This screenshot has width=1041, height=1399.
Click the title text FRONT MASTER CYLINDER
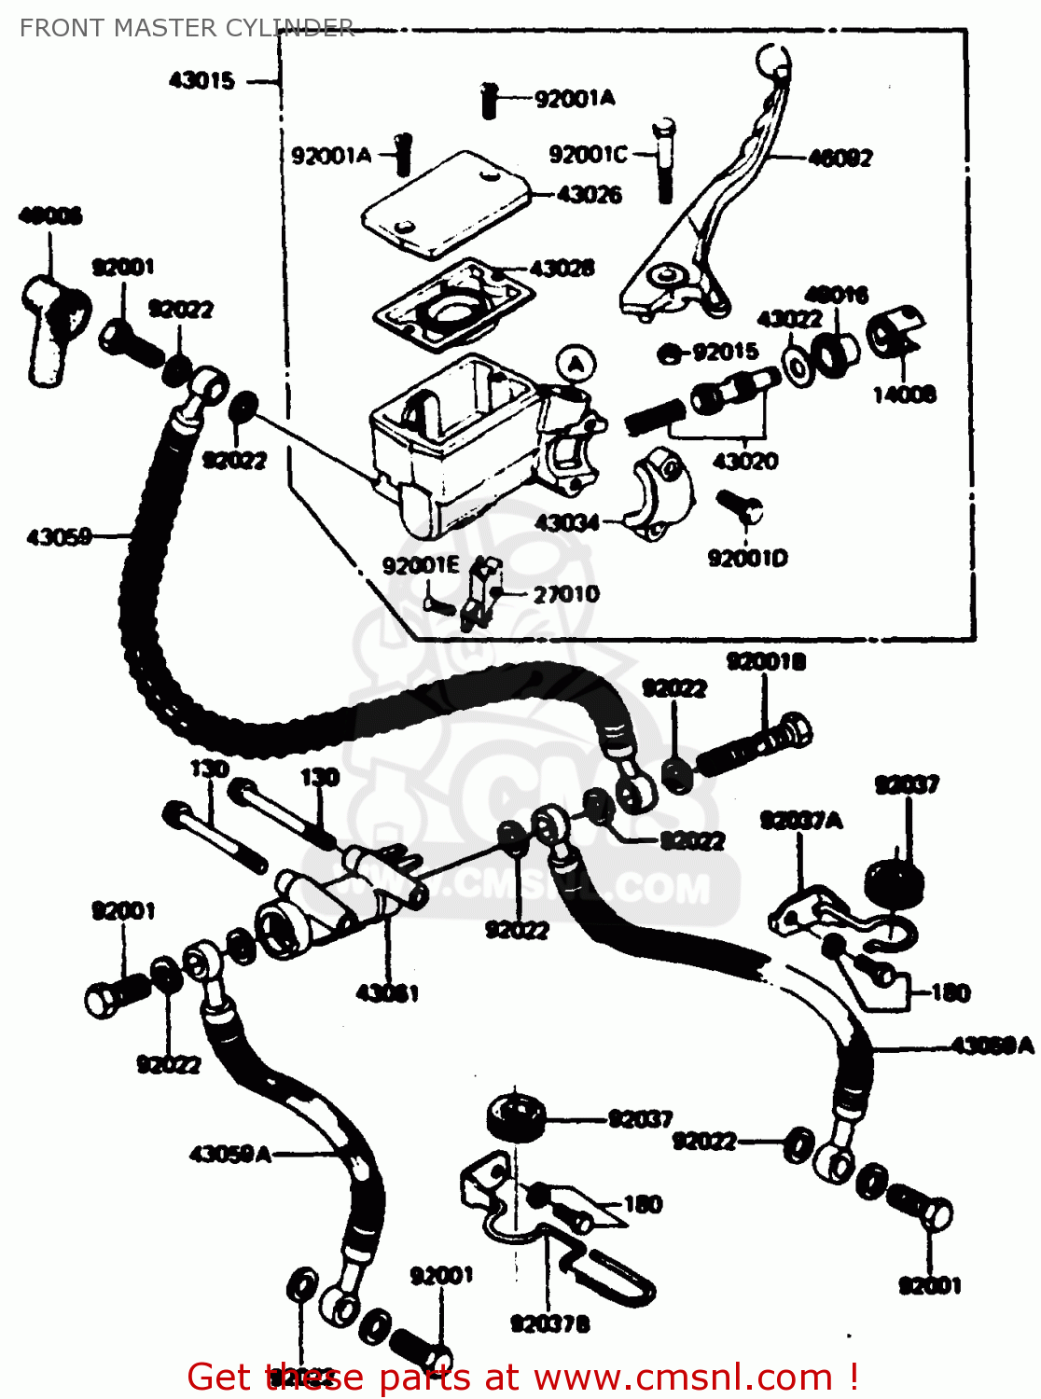tap(187, 28)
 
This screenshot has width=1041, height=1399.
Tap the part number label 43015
tap(201, 80)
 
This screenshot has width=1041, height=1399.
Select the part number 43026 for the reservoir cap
tap(590, 194)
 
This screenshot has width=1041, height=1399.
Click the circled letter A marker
tap(576, 363)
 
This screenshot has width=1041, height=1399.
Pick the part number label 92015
tap(725, 352)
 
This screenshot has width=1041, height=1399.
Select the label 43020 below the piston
tap(744, 461)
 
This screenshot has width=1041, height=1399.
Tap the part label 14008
tap(904, 395)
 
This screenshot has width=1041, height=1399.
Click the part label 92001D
tap(747, 558)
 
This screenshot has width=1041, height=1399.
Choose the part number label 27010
tap(565, 594)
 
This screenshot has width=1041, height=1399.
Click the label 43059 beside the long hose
tap(59, 536)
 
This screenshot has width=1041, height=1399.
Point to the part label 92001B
tap(766, 661)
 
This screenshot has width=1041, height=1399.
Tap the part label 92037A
tap(801, 820)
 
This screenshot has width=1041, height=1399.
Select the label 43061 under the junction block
tap(387, 993)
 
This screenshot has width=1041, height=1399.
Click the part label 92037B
tap(549, 1323)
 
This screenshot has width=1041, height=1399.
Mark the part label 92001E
tap(421, 565)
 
